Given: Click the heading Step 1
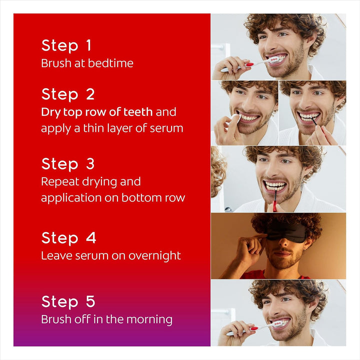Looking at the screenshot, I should click(x=66, y=45).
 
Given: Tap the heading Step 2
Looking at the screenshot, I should click(x=67, y=94).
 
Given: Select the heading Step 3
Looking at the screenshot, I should click(x=67, y=164).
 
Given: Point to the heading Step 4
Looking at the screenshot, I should click(x=68, y=237).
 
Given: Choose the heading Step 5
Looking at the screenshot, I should click(x=67, y=301).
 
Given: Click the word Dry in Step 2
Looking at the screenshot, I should click(x=50, y=112).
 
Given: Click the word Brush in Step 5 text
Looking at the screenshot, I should click(x=56, y=319).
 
